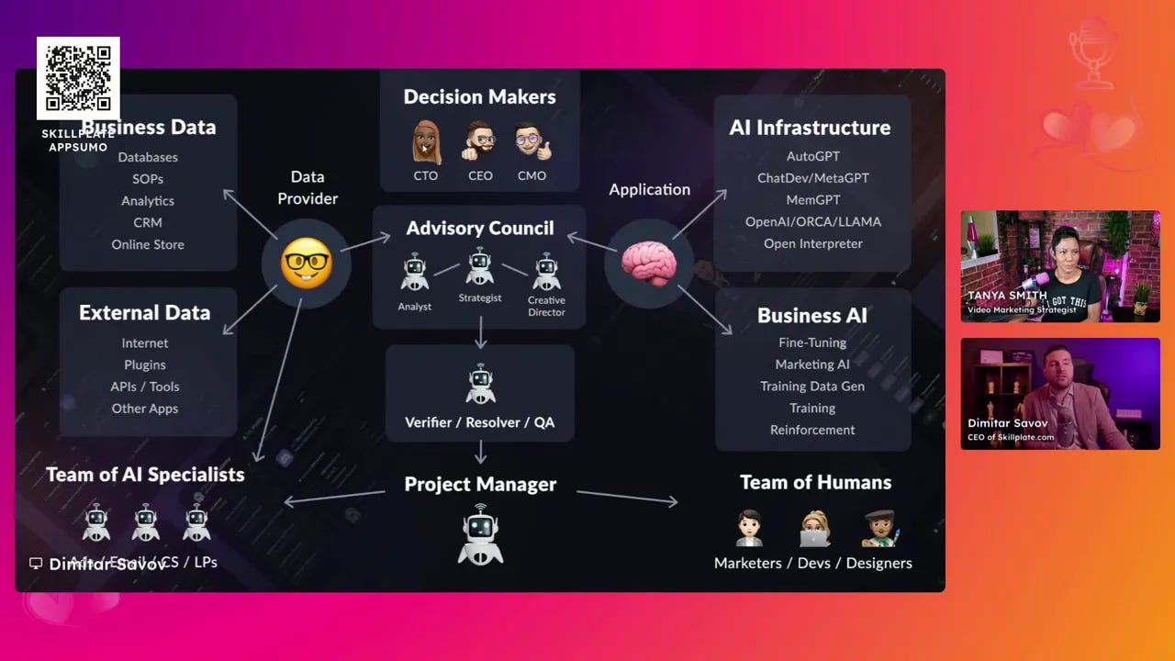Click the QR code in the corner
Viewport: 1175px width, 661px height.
tap(78, 78)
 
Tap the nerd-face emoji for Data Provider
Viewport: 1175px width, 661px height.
tap(306, 263)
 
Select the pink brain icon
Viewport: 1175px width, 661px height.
tap(649, 263)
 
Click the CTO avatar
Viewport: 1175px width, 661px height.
tap(425, 142)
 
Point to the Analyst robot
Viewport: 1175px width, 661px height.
tap(415, 273)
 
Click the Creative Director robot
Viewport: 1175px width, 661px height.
tap(546, 272)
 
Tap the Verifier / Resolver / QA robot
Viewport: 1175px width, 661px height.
tap(480, 384)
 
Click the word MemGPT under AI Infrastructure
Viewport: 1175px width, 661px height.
tap(812, 199)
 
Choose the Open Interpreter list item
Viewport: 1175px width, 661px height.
tap(812, 243)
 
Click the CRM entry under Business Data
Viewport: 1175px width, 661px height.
tap(148, 222)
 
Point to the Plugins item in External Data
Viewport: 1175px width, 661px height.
tap(145, 364)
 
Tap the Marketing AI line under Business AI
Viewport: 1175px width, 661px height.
tap(812, 364)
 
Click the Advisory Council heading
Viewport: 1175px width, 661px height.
tap(480, 228)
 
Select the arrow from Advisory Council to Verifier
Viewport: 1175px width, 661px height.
tap(480, 337)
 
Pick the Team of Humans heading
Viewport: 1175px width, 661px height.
tap(815, 482)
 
